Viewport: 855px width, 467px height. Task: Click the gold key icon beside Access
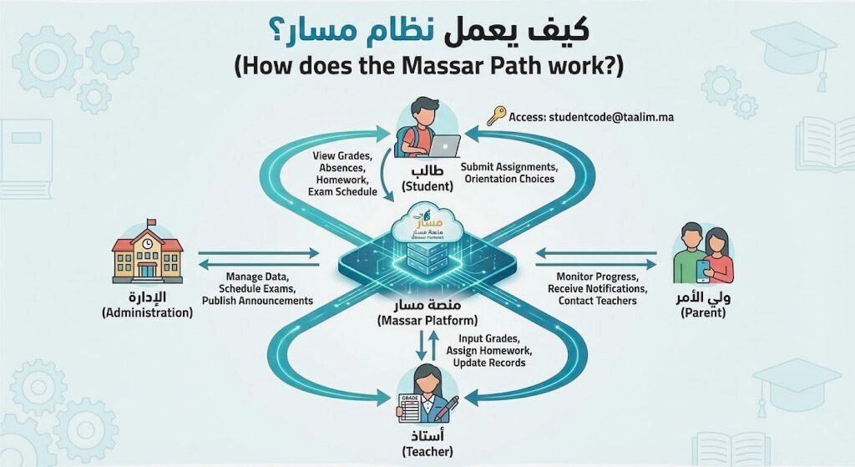(497, 114)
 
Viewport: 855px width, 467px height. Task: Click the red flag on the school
(151, 222)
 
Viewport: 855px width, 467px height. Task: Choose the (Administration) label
(147, 312)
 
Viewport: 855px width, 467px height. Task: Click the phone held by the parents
(703, 267)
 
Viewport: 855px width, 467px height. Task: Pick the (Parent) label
(703, 312)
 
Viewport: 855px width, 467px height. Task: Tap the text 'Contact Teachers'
(597, 301)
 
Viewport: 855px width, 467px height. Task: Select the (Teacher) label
(427, 451)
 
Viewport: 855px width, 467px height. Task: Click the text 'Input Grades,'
(483, 338)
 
